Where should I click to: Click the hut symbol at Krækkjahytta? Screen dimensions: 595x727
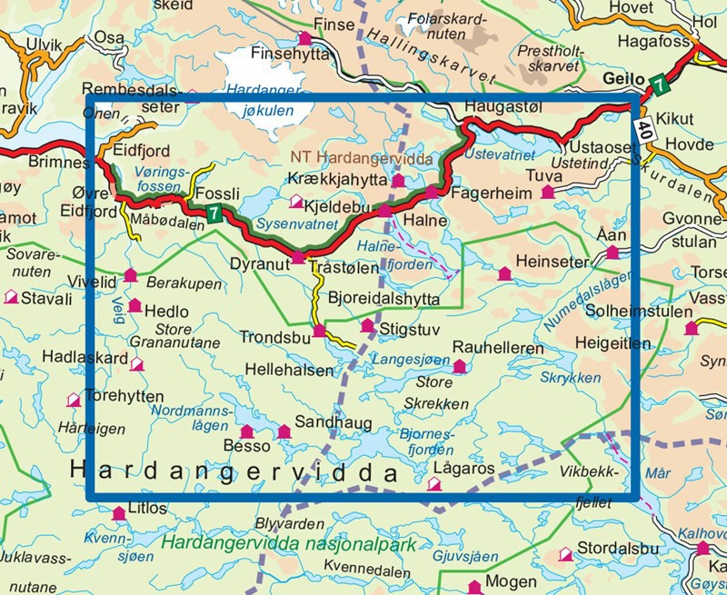397,182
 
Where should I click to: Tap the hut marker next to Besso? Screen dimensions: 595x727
245,431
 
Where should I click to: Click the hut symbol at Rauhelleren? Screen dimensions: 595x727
459,366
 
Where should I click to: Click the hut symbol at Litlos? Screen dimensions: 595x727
118,515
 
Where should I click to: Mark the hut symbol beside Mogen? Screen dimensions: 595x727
473,586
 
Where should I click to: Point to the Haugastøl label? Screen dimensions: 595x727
503,106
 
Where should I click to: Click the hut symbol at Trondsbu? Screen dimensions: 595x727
319,331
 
